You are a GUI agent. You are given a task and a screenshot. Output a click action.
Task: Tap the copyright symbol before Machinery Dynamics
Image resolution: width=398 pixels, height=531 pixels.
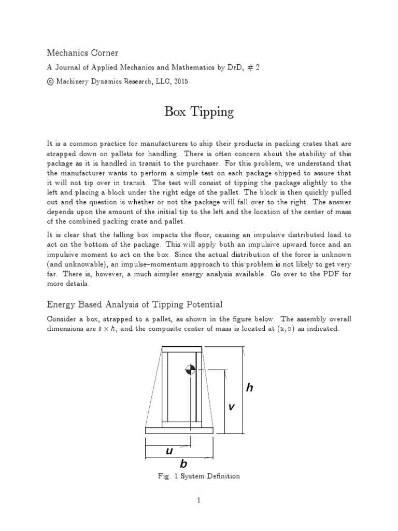[50, 81]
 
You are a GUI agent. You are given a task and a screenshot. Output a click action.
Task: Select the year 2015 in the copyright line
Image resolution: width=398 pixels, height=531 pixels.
[181, 81]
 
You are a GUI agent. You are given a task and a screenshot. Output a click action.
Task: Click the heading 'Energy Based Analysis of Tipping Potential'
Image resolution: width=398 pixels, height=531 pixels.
[135, 304]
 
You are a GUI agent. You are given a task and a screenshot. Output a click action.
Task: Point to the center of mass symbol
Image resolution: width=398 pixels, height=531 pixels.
[191, 369]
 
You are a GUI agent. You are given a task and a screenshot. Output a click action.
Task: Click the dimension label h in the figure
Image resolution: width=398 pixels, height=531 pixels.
[249, 388]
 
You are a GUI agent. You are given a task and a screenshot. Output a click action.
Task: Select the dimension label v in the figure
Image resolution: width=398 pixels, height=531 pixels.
[231, 407]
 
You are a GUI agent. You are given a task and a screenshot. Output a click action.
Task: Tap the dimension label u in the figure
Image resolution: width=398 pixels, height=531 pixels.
[168, 451]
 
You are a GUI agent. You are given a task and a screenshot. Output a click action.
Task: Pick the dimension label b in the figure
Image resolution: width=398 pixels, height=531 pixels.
[183, 464]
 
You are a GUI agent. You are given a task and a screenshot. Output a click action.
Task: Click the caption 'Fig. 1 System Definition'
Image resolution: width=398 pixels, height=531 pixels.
[199, 476]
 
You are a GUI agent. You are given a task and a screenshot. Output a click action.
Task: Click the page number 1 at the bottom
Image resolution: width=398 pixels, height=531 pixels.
[199, 500]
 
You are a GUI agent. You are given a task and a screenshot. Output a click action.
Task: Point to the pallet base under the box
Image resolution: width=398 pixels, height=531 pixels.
[180, 430]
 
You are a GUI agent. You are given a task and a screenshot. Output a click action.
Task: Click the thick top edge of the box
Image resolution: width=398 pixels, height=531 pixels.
[182, 348]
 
